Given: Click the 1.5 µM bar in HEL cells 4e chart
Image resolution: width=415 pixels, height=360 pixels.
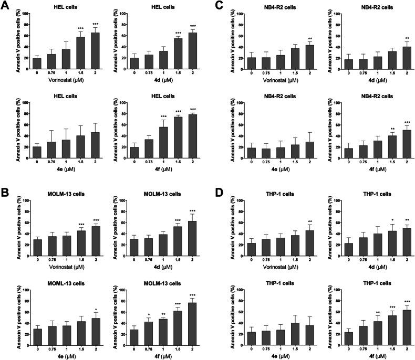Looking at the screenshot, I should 80,147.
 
